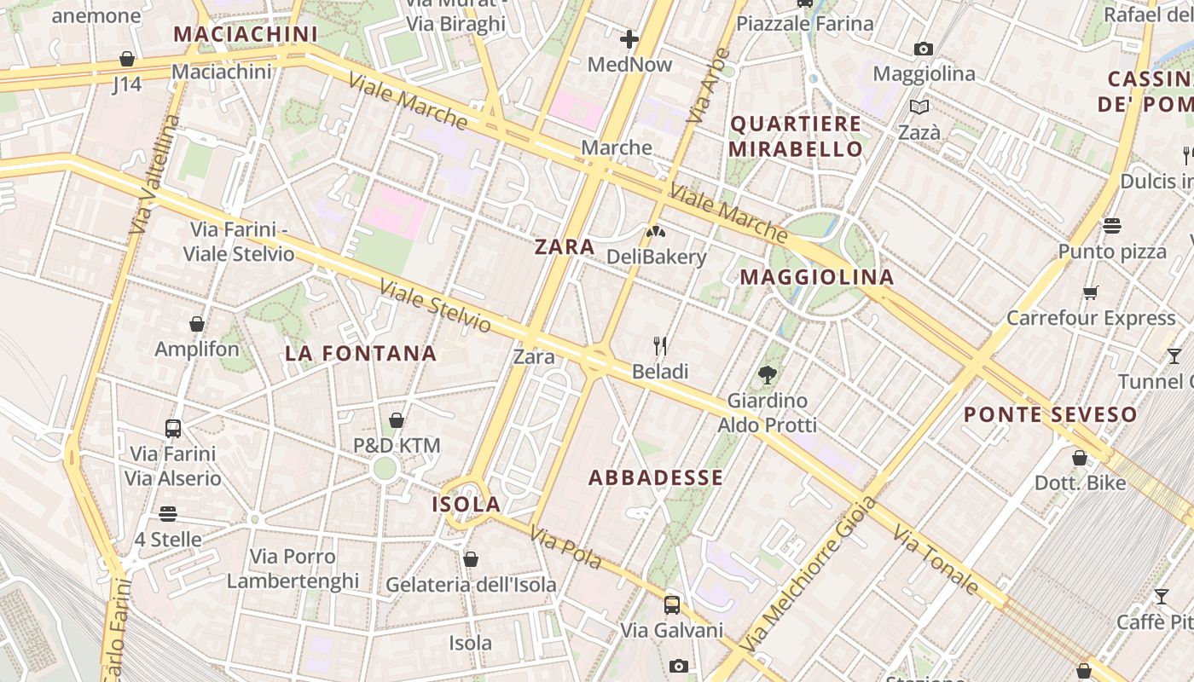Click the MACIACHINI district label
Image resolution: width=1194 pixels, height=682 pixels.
(245, 34)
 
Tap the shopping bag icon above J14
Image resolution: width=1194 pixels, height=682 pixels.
(127, 59)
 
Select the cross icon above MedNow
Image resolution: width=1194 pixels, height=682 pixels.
(629, 39)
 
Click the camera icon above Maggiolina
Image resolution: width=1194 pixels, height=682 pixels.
(923, 49)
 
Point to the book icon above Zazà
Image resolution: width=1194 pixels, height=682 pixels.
(919, 107)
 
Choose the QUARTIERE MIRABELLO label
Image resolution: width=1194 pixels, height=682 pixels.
(797, 136)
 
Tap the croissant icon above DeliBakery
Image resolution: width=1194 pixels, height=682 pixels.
(656, 231)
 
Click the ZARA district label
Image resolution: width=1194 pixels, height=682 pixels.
(565, 247)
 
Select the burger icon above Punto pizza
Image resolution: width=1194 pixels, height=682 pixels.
(1111, 226)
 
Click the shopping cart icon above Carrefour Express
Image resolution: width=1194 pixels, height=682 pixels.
(1090, 293)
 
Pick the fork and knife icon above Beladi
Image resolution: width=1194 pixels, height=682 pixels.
(660, 345)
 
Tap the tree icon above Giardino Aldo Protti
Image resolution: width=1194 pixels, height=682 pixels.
(767, 374)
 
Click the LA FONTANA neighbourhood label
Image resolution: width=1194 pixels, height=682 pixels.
(361, 353)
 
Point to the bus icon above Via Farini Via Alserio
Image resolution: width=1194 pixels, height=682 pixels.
(173, 428)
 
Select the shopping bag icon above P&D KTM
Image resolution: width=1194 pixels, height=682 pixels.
(397, 420)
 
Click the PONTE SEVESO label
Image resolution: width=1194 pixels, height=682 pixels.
(1051, 415)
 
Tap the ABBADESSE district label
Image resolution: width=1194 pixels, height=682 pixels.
(656, 477)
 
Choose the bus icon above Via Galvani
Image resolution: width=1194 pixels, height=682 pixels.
(672, 605)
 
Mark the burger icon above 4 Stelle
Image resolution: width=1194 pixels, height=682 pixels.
(168, 514)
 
